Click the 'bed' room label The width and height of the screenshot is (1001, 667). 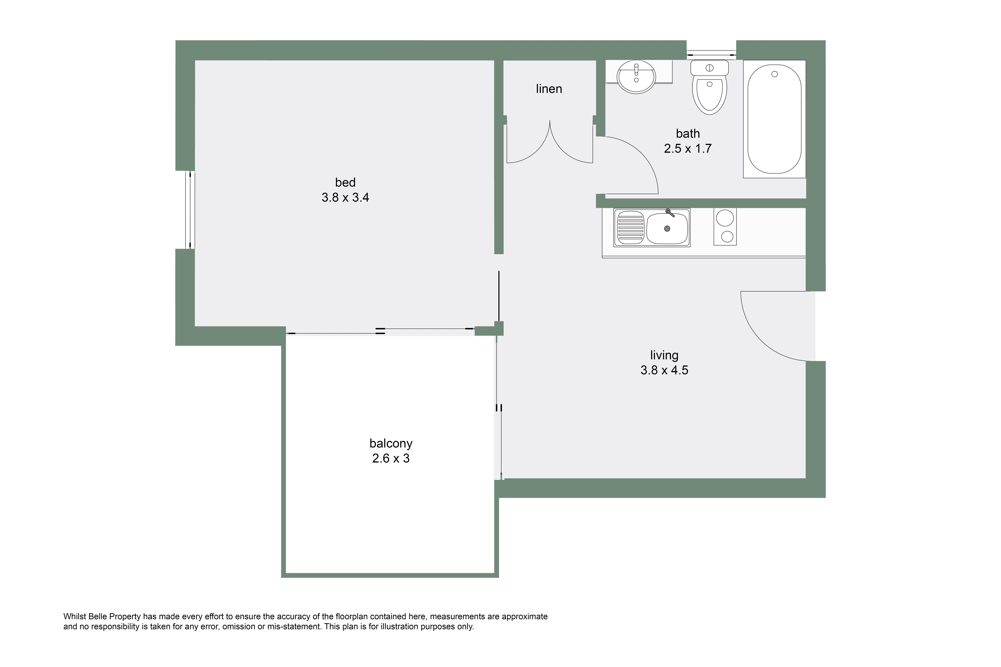[x=345, y=182]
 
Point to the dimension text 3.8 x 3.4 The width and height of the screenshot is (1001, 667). [x=345, y=197]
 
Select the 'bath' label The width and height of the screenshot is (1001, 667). [x=688, y=134]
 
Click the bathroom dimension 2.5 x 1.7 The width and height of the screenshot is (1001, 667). [x=688, y=148]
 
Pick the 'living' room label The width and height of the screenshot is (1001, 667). [x=664, y=355]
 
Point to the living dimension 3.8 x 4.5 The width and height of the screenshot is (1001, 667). [x=664, y=370]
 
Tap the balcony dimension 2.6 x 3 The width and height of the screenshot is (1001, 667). [x=391, y=459]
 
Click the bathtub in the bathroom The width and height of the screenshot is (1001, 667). [x=774, y=119]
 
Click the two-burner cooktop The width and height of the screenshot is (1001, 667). [x=725, y=226]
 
